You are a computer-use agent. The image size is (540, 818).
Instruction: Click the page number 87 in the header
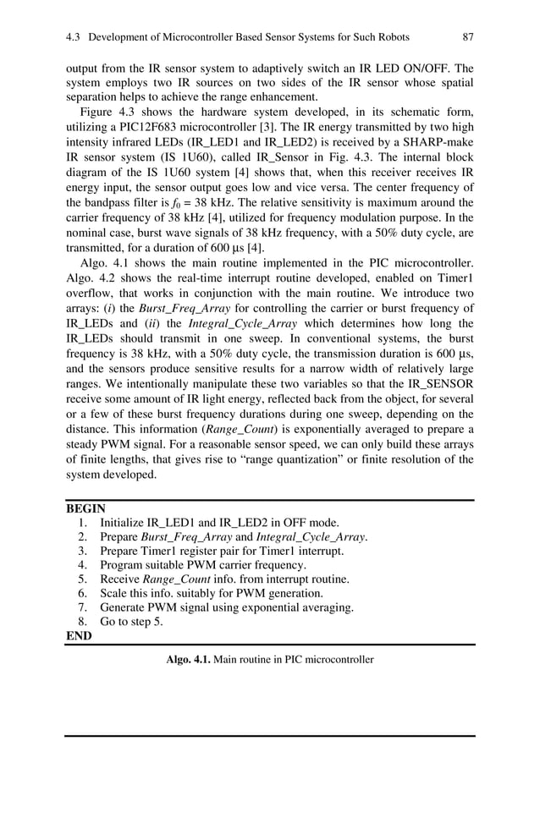[x=467, y=37]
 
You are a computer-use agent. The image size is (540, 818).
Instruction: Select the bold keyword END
[x=79, y=636]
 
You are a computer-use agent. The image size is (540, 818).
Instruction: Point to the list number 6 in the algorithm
[x=82, y=593]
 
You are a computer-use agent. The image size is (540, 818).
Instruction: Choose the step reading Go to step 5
[x=131, y=622]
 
